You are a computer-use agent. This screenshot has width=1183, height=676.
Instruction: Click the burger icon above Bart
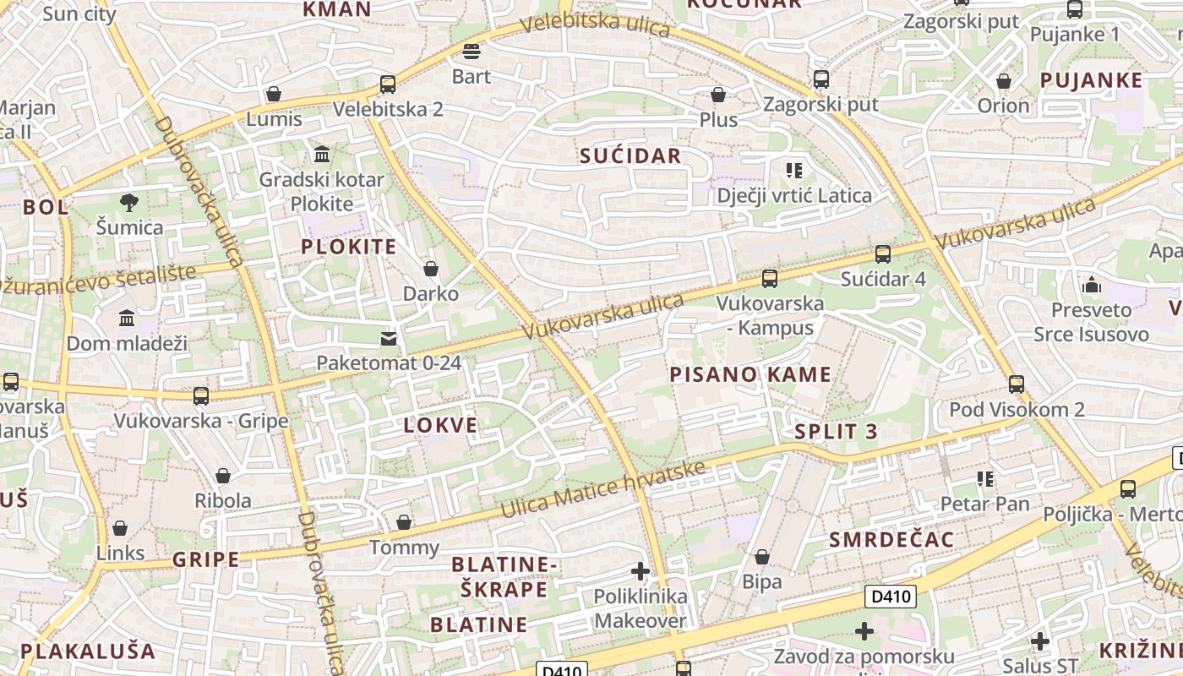472,52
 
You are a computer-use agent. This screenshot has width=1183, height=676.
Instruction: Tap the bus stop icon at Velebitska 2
388,84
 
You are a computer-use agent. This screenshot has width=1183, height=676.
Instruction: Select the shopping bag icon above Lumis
273,94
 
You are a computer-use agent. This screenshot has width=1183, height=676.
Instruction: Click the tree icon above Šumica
128,202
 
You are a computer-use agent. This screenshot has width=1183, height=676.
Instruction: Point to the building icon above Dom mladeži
127,319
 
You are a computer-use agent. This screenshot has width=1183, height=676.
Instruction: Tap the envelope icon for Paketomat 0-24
389,339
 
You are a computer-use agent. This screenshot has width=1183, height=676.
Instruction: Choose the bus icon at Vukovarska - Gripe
201,395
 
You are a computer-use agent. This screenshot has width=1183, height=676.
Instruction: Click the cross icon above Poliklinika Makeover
641,571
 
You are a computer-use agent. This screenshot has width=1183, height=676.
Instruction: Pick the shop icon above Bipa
762,557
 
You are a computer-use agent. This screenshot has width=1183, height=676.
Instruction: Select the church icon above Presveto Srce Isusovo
1091,285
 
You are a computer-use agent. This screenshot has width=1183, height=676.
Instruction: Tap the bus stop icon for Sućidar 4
883,253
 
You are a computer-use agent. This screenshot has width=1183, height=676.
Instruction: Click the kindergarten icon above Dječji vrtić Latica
794,171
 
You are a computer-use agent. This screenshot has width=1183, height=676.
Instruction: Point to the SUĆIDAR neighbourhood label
630,155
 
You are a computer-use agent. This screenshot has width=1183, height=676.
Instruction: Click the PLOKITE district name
349,247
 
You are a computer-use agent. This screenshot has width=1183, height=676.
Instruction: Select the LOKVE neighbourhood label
440,425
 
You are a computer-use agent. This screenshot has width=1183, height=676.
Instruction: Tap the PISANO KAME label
750,374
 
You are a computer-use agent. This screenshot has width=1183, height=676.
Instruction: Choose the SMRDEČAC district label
891,540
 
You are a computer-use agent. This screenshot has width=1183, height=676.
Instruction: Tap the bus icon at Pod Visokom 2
1017,384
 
